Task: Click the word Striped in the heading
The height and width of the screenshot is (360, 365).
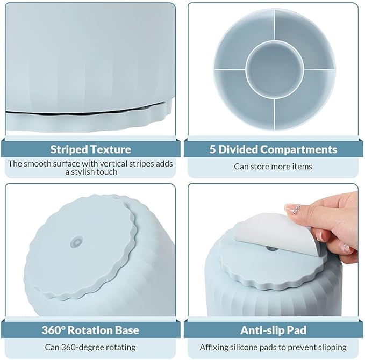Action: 69,149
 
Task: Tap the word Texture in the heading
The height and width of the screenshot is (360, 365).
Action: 111,149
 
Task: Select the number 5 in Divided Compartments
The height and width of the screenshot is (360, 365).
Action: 212,149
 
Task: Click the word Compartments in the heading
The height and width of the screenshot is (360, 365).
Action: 299,149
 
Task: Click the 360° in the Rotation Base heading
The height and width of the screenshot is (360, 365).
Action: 53,330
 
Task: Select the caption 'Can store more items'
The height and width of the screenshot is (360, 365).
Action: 273,167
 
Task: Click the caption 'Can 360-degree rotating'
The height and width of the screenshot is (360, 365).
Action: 90,348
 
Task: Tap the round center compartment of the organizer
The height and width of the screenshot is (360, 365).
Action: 275,69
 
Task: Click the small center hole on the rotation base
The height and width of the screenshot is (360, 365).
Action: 77,242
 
